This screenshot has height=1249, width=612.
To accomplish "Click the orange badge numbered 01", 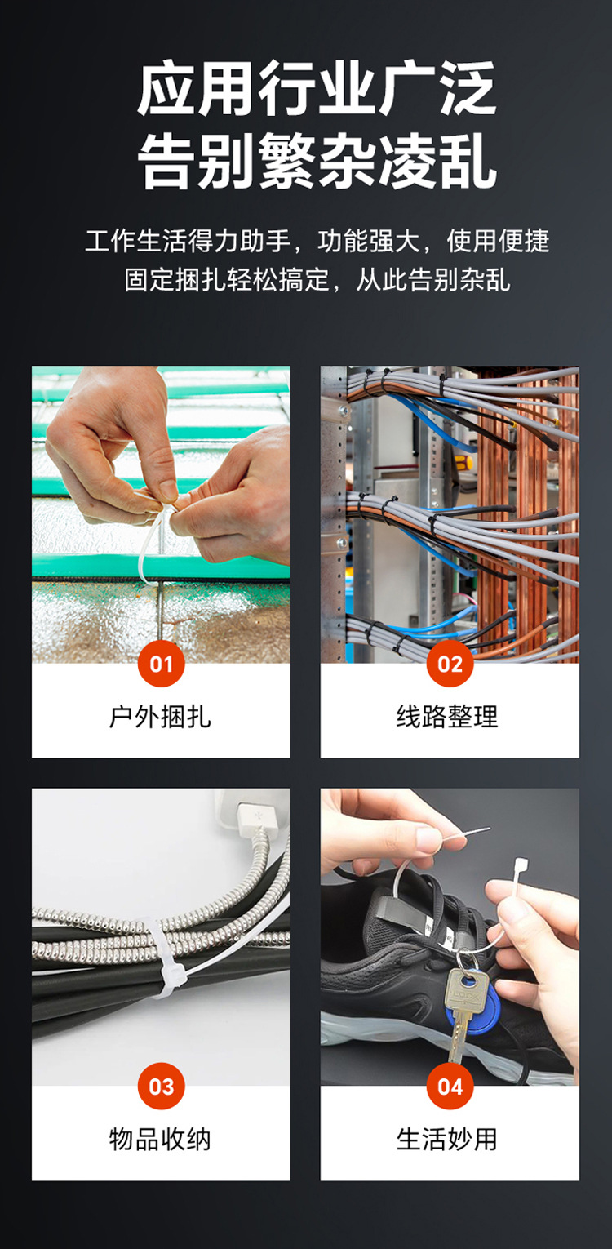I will click(x=161, y=664).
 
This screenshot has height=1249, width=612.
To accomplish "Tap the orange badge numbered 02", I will click(x=450, y=664).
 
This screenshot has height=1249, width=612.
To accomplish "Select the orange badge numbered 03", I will click(x=161, y=1087).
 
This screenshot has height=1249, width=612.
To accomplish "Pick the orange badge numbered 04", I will click(x=450, y=1087).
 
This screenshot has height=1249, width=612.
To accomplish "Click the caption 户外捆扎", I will click(x=160, y=717).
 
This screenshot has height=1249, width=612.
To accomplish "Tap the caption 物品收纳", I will click(x=160, y=1139).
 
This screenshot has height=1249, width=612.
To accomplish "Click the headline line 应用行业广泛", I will click(x=317, y=89).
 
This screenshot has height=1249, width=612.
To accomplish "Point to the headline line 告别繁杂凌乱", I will click(x=317, y=161).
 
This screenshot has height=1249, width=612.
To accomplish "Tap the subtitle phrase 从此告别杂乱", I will click(x=433, y=279).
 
